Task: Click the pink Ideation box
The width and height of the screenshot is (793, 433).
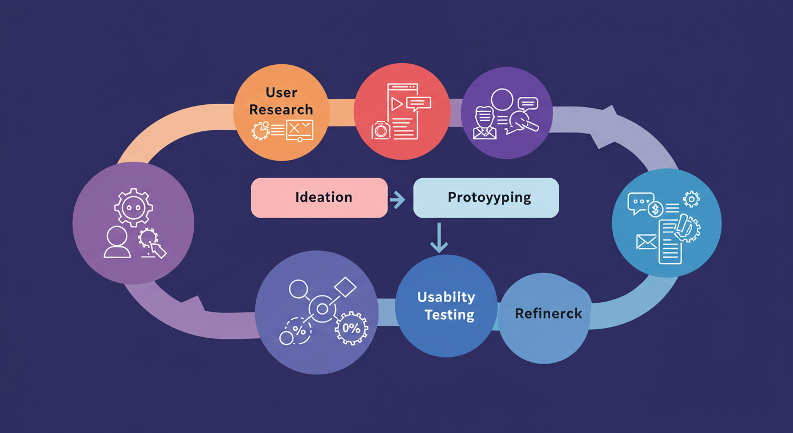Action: coord(319,197)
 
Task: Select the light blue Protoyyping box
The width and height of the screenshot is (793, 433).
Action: coord(485,197)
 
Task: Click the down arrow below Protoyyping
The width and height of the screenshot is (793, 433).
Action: coord(439,237)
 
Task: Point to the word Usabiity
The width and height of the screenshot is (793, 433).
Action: coord(446,297)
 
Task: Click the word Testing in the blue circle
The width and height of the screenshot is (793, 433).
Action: coord(449,315)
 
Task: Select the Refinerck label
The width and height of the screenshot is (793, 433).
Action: coord(548,313)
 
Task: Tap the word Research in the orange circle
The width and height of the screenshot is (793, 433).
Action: coord(281,109)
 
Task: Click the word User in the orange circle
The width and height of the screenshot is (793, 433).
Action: coord(282,92)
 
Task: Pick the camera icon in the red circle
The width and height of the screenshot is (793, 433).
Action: coord(381,130)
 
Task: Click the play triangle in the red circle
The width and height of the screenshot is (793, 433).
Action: coord(397,104)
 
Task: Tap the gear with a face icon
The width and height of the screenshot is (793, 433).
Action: coord(133,207)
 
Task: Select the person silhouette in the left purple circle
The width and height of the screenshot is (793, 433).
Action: coord(117,243)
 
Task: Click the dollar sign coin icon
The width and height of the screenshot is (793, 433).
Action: coord(655,210)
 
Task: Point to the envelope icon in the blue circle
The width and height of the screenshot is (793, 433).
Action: coord(647,242)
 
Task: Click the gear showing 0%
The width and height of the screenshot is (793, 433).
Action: coord(351,328)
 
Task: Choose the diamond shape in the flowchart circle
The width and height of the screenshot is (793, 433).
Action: coord(345,288)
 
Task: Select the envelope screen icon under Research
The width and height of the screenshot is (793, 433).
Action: coord(299,129)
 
